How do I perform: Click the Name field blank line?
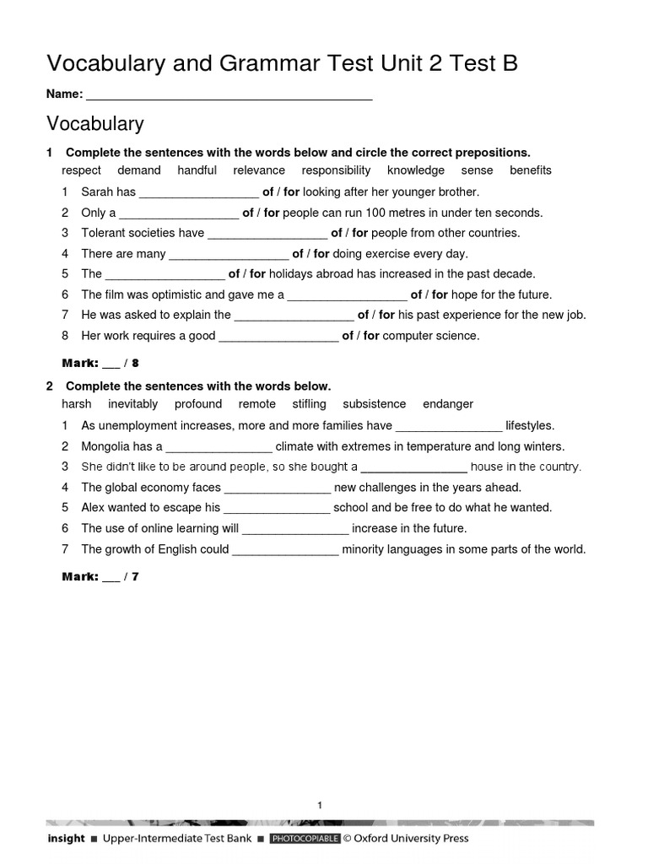point(229,95)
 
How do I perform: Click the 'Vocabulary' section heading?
point(95,124)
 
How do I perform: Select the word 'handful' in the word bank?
point(197,170)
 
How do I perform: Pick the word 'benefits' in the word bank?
point(531,170)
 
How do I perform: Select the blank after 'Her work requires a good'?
point(278,337)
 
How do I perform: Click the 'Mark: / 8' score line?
point(100,364)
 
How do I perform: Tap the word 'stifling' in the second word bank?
point(309,404)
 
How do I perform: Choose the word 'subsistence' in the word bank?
point(375,404)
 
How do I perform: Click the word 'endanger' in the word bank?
point(448,404)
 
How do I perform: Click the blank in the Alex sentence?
point(277,508)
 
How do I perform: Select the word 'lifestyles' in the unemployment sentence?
point(530,426)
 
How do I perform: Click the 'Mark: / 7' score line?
point(100,577)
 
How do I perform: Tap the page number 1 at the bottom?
point(321,805)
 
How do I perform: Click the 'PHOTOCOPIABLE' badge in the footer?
point(305,839)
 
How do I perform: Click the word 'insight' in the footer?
point(66,839)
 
